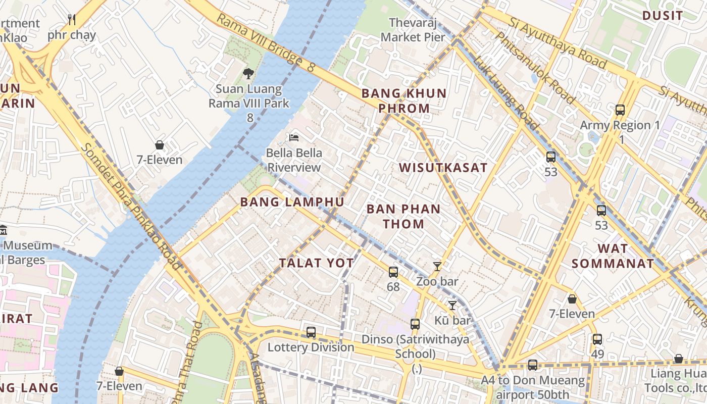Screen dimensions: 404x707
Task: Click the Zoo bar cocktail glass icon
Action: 437,266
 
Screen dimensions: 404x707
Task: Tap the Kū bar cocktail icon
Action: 452,305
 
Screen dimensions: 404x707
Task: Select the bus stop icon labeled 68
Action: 393,272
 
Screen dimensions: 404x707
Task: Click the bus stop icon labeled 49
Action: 597,339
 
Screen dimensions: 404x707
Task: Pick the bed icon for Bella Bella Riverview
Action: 294,137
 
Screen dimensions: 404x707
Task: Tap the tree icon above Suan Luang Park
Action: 248,74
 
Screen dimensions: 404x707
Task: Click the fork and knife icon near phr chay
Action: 72,20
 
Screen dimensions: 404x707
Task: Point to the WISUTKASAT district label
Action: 443,168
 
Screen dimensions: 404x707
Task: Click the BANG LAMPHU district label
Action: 292,202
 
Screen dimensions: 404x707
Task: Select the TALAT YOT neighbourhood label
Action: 317,263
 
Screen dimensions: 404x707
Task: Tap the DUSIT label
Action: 662,16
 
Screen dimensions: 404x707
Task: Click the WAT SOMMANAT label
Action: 613,256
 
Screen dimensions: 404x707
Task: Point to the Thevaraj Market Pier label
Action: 413,30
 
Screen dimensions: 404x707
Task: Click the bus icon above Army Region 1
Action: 620,110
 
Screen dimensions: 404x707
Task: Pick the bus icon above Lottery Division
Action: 311,332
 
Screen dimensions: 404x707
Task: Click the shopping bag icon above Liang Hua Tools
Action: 678,359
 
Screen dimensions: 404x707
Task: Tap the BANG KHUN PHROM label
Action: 404,100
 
